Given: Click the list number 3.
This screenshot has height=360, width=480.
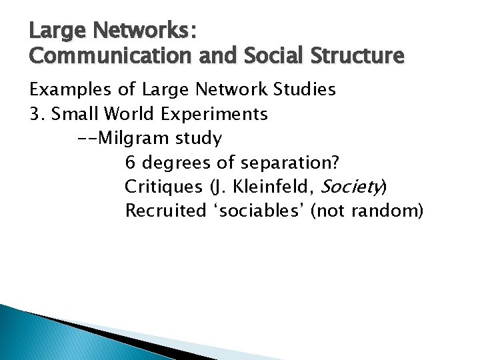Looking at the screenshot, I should pos(35,114).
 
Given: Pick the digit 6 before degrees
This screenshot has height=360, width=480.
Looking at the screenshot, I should pos(131,163).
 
